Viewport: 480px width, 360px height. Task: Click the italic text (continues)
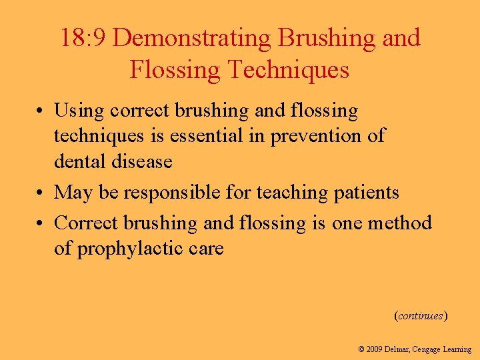pyautogui.click(x=421, y=315)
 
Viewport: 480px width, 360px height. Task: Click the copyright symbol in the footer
pyautogui.click(x=361, y=349)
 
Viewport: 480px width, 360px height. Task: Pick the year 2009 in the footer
pyautogui.click(x=375, y=349)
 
